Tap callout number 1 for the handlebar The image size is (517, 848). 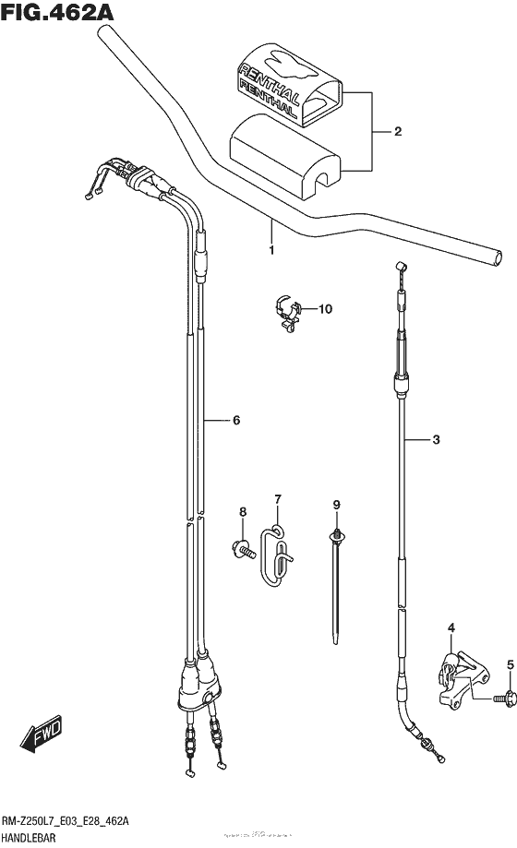point(271,250)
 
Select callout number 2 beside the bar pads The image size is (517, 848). point(397,132)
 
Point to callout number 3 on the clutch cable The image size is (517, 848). point(437,440)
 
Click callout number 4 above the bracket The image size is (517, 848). point(451,629)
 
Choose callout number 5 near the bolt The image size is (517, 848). point(509,664)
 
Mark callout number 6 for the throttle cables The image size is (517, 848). point(236,421)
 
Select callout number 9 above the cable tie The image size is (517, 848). point(337,504)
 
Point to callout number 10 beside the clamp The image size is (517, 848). point(324,309)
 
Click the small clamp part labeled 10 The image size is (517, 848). point(289,311)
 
